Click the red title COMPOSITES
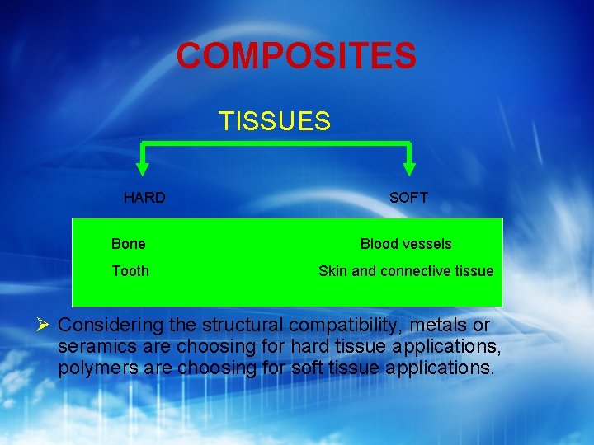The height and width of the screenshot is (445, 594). coord(296,56)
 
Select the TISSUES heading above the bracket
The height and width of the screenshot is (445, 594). coord(275,122)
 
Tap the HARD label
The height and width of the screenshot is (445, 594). coord(144,198)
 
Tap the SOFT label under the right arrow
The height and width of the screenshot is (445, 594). coord(408,198)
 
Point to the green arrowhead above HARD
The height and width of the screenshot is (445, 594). coord(143,168)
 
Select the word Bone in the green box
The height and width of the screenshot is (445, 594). coord(128,244)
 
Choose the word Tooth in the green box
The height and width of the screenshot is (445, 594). coord(130,271)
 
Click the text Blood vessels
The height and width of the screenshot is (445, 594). coord(406,244)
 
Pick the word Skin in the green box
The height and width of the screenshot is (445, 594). coord(332,271)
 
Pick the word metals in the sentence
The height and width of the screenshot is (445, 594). coord(440,325)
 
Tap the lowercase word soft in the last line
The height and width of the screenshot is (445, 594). coord(308,368)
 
